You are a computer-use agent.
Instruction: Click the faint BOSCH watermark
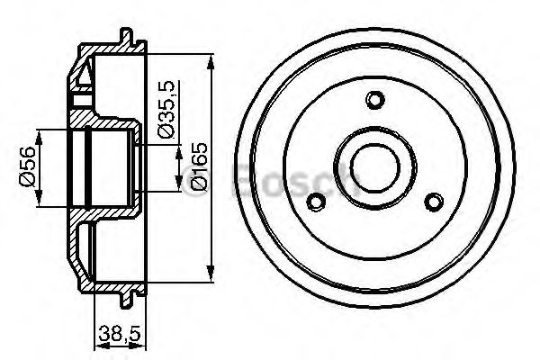click(297, 179)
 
